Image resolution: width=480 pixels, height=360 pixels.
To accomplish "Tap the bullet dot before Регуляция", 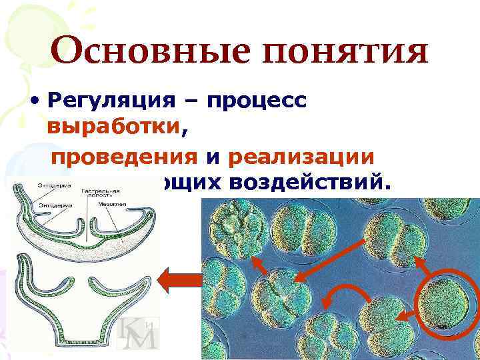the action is [34, 101].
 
